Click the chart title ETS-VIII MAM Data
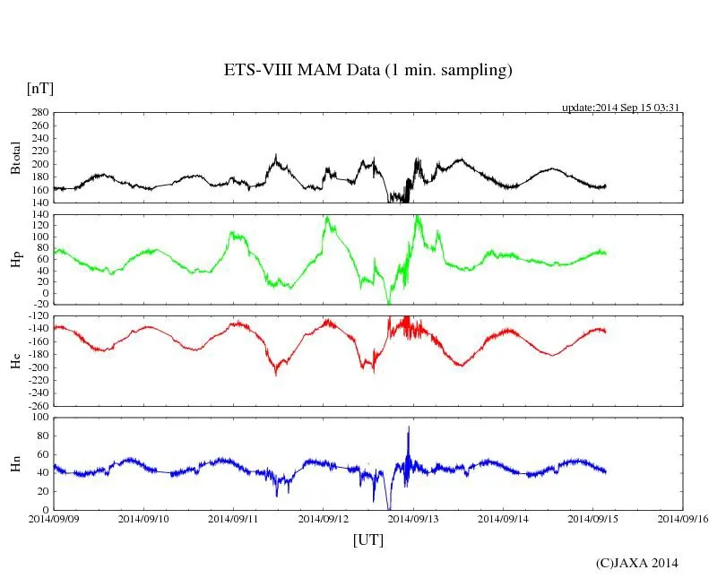tap(367, 71)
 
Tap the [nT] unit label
tap(39, 89)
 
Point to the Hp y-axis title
tap(14, 260)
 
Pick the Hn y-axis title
tap(14, 463)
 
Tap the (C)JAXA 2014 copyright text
tap(636, 563)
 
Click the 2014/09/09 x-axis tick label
tap(54, 518)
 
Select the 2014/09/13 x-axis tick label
tap(413, 518)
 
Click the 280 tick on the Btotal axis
tap(39, 113)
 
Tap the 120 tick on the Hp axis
tap(39, 227)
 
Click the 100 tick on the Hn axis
tap(39, 418)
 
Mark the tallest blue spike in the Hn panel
tap(409, 428)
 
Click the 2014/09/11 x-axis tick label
tap(234, 518)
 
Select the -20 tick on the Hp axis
tap(39, 305)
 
